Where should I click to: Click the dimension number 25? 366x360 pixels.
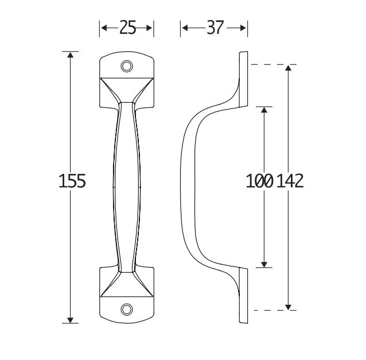click(x=127, y=28)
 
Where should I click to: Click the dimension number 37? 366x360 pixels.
click(x=215, y=28)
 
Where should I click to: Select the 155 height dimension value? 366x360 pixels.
click(x=72, y=181)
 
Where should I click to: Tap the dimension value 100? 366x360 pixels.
click(x=259, y=181)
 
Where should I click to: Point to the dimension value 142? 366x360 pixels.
click(x=290, y=181)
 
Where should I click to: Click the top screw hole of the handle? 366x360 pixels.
click(x=127, y=66)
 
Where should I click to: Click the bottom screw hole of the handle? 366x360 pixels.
click(x=127, y=310)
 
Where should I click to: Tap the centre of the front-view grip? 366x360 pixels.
click(x=127, y=187)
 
